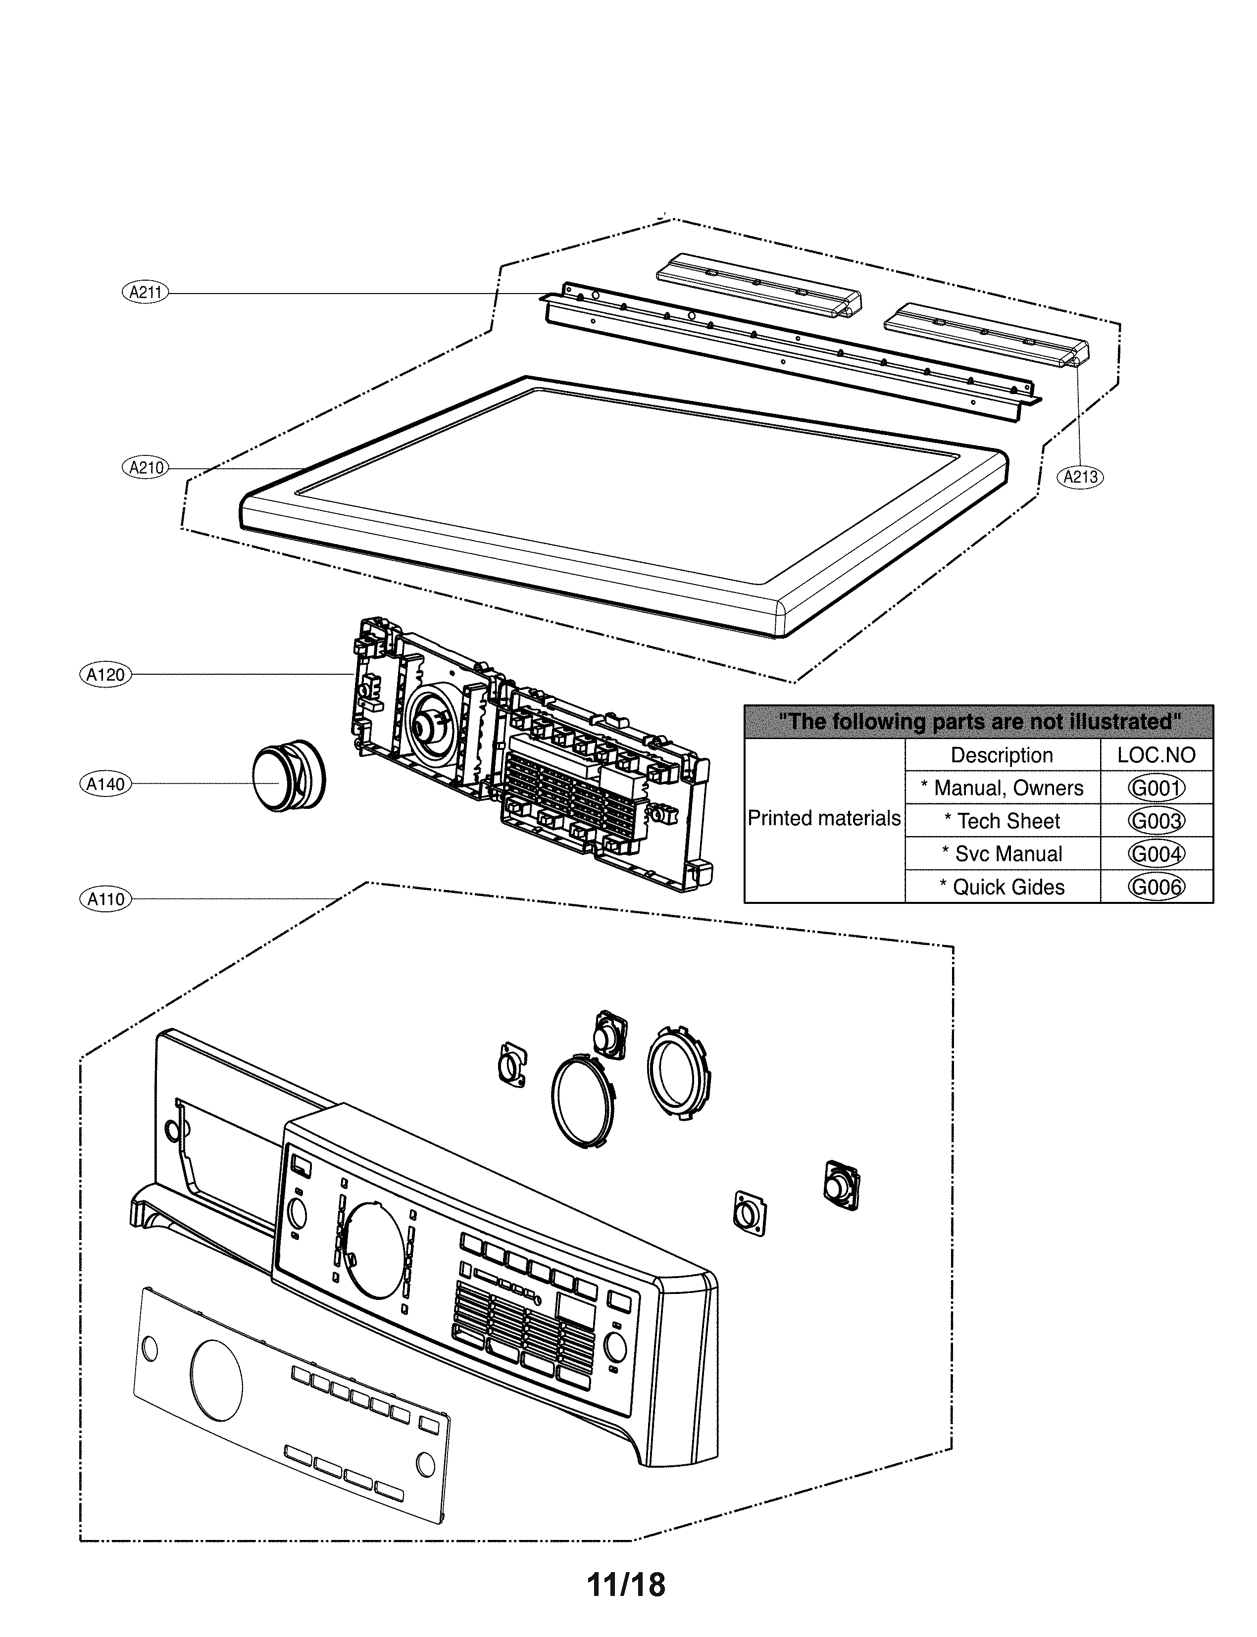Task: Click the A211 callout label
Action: (145, 293)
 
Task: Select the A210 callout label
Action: (145, 468)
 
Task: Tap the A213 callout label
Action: (1080, 477)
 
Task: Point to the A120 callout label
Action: (105, 675)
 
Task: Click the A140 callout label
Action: (105, 784)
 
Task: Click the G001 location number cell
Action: (1156, 788)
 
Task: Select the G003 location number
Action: (1156, 821)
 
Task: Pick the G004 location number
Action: (1156, 854)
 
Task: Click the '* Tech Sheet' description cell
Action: (1002, 821)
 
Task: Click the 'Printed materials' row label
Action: (824, 819)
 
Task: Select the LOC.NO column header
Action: (1156, 755)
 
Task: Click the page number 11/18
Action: (626, 1585)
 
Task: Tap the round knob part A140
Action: (284, 778)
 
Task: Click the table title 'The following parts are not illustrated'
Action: (979, 722)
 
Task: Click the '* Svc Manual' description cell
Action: (1002, 854)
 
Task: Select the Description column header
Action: (1002, 755)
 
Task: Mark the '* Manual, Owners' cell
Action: (1002, 788)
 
